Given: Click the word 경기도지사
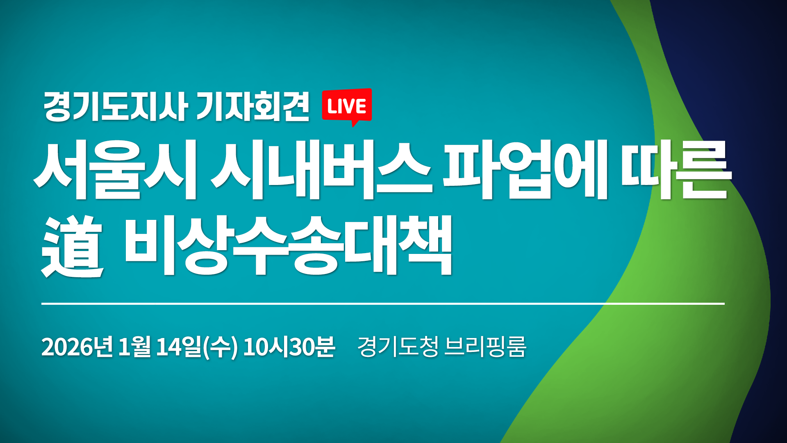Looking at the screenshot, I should click(x=115, y=107).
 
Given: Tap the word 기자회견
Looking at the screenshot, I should click(x=252, y=107).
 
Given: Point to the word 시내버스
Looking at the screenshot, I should click(x=321, y=170).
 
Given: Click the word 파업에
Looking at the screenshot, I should click(x=525, y=170).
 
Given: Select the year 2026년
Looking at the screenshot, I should click(x=77, y=347).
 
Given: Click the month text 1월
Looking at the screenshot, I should click(x=134, y=347).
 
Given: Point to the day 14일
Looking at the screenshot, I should click(x=179, y=347).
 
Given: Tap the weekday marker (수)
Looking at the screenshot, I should click(x=221, y=347).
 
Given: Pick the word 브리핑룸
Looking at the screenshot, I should click(x=485, y=347).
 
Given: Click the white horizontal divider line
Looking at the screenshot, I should click(x=383, y=304).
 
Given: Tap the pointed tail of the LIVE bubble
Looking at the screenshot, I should click(x=355, y=123).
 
